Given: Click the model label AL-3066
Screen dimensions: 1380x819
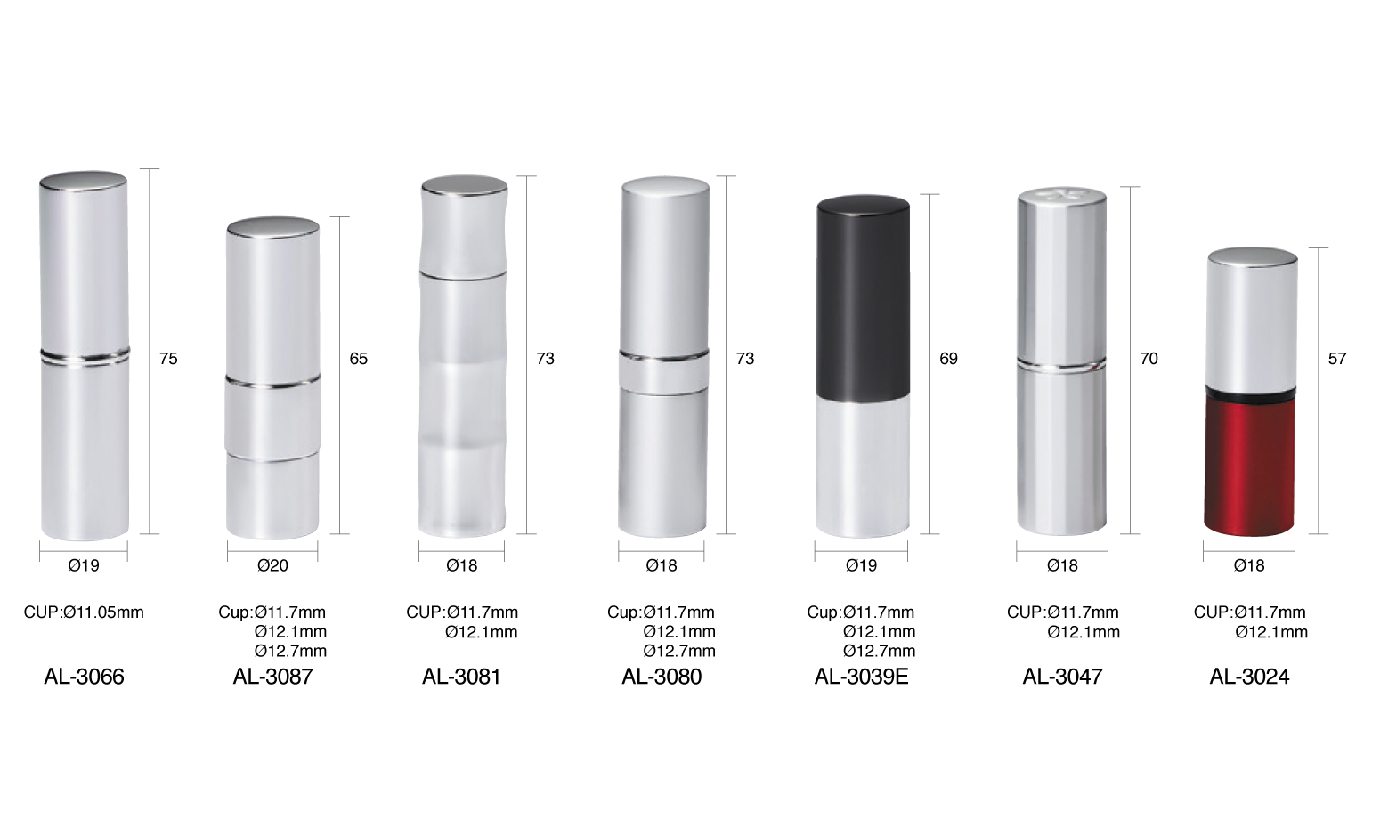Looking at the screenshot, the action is [84, 677].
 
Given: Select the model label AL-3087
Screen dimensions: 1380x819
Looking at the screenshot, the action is [273, 677].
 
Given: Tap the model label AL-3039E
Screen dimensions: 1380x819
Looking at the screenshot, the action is [861, 677].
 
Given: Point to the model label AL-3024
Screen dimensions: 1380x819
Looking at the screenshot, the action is [1249, 677].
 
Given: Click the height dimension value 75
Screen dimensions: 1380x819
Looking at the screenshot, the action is [168, 359].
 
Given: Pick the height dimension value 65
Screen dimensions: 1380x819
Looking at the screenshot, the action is [359, 359].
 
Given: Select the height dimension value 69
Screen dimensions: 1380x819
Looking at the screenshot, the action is [949, 359].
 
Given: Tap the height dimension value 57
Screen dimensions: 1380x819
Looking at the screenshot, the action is [1337, 359].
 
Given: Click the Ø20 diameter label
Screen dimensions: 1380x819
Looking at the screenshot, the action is [273, 565].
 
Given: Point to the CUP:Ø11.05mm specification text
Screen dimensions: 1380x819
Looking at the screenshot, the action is [84, 612].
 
